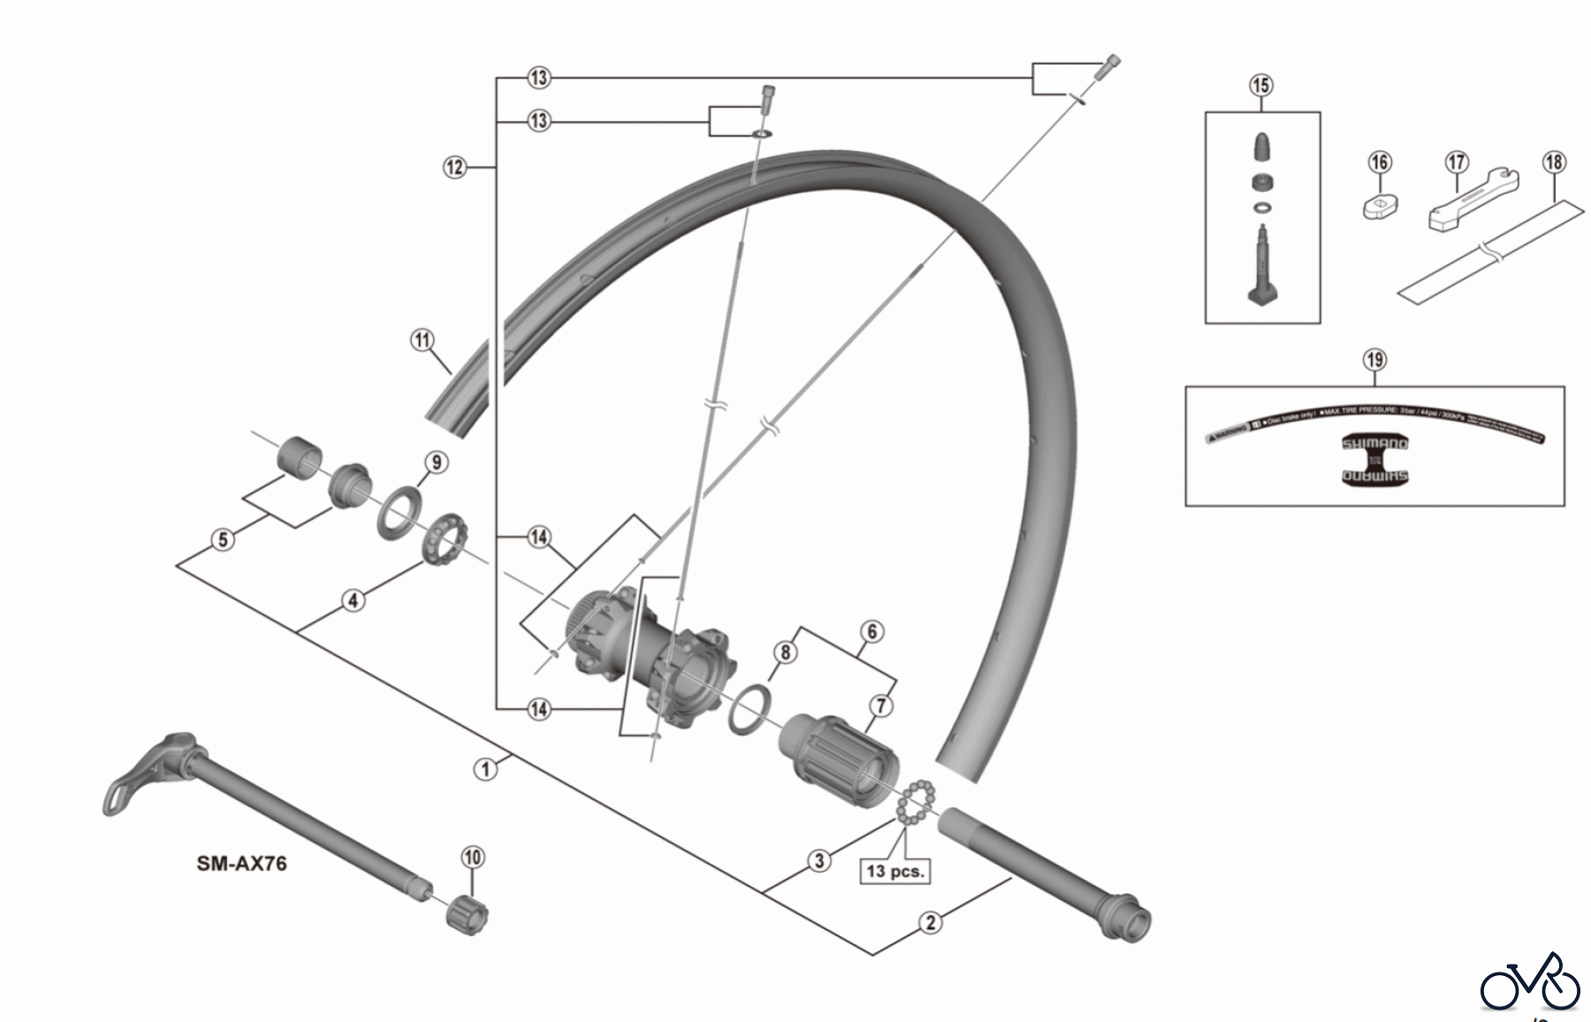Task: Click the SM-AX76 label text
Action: click(x=241, y=863)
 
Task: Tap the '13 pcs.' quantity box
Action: click(x=894, y=871)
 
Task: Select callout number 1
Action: click(x=484, y=769)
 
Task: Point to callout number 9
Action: click(x=436, y=462)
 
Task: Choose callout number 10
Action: click(x=473, y=857)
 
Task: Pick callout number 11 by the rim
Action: click(x=422, y=340)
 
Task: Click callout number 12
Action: click(x=454, y=166)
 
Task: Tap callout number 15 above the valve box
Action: click(x=1260, y=86)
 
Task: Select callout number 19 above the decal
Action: click(x=1374, y=360)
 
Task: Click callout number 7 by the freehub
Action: click(x=880, y=705)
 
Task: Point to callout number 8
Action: click(x=784, y=652)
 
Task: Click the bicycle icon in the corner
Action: click(x=1530, y=980)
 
